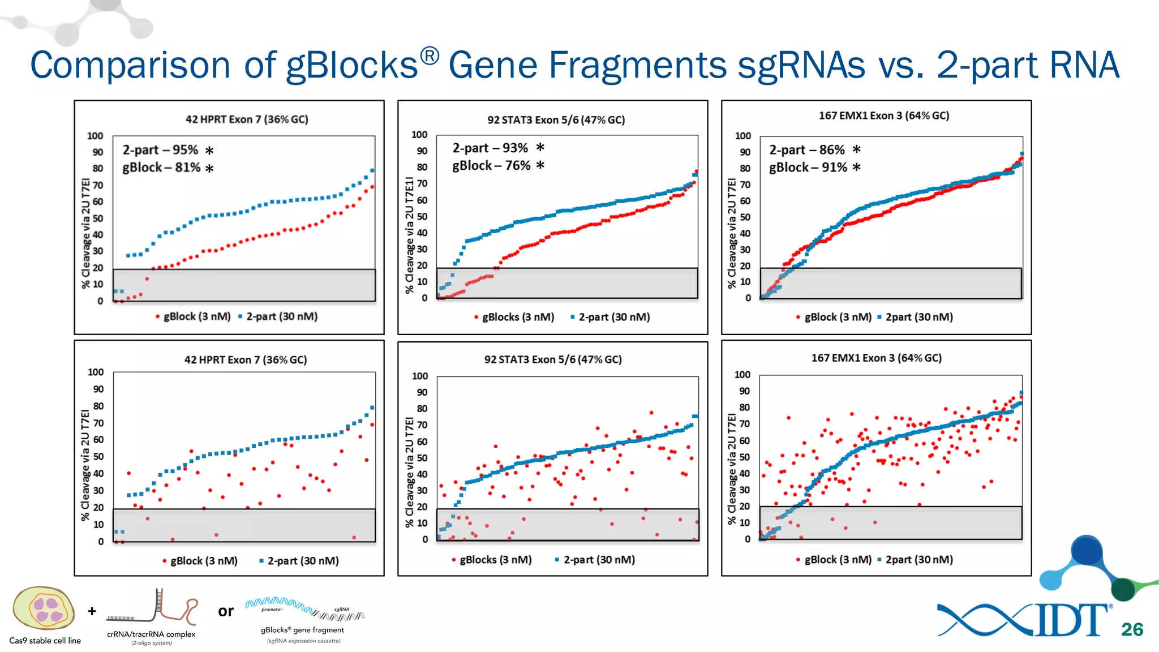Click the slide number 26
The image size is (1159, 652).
(x=1132, y=629)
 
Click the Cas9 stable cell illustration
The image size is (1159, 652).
(x=44, y=608)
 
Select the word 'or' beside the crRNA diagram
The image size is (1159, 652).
(x=226, y=611)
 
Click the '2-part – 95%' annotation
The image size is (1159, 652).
(x=160, y=150)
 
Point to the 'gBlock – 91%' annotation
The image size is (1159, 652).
(x=808, y=168)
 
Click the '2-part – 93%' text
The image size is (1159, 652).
(x=490, y=148)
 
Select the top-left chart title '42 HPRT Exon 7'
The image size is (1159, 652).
(x=247, y=119)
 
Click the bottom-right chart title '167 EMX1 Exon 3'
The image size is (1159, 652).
(x=876, y=358)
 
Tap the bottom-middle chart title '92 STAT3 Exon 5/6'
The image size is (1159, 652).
(x=552, y=359)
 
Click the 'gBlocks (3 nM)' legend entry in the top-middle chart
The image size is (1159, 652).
(x=518, y=317)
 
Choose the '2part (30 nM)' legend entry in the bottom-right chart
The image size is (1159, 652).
(x=918, y=559)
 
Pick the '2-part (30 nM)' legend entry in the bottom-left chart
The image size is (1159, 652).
(x=303, y=561)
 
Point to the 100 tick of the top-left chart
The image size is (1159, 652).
(x=95, y=136)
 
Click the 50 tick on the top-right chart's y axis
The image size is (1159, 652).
(x=745, y=217)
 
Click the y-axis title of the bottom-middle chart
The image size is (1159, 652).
(x=410, y=472)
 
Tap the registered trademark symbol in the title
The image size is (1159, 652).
(x=430, y=55)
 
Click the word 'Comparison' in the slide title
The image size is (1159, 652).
(x=130, y=65)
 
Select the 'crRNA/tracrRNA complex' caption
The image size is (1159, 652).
(x=151, y=634)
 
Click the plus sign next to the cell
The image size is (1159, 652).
(x=92, y=611)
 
